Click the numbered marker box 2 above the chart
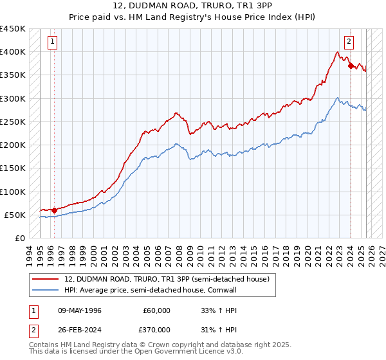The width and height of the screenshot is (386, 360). (349, 42)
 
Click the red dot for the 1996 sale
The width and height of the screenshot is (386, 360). (54, 210)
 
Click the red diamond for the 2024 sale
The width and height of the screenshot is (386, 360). (350, 66)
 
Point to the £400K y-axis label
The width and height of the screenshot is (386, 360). (13, 52)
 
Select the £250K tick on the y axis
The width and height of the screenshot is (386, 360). (13, 122)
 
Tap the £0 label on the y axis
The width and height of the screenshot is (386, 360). (20, 239)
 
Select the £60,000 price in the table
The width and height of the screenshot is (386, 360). (157, 310)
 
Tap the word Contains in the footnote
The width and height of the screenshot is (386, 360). (45, 346)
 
